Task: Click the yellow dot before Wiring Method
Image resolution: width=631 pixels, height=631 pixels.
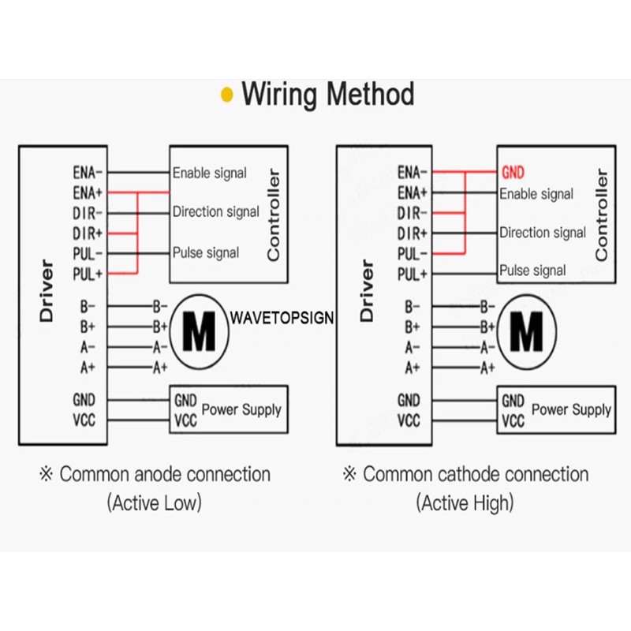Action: pos(227,95)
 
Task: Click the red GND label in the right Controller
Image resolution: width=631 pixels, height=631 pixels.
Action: pos(513,172)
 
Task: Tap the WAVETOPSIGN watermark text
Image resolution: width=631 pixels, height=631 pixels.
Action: pos(282,318)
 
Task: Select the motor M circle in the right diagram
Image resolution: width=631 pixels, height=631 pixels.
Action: pos(526,332)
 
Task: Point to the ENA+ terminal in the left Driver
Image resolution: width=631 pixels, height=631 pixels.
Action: pos(88,192)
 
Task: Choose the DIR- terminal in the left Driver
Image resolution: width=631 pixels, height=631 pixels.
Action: pos(88,213)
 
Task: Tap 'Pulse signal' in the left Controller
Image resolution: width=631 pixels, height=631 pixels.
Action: pos(205,253)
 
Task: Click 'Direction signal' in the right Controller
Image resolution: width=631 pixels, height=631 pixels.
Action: pos(542,233)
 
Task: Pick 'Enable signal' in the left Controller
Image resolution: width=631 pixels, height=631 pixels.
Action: pos(209,173)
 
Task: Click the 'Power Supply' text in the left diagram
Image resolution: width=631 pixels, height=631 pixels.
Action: pos(241,409)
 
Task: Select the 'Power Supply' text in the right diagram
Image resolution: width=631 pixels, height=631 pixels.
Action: pos(571,409)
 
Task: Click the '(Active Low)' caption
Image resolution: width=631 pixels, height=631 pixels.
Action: pos(155,502)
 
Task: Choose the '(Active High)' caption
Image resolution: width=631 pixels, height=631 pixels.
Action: pos(465,502)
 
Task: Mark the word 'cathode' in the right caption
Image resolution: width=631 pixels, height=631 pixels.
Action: pos(468,475)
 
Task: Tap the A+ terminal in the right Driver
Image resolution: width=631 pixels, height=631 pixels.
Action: pos(412,368)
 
